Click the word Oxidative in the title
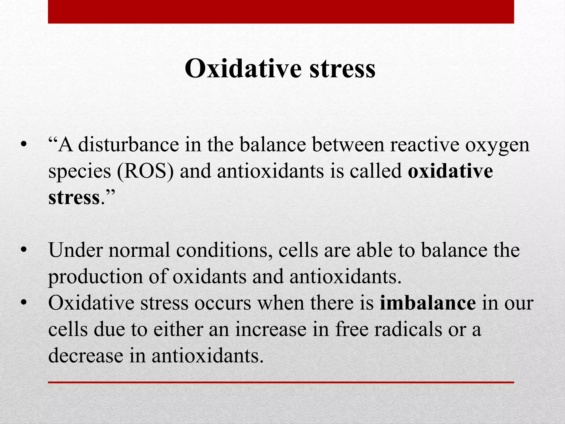tap(243, 68)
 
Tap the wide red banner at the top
tap(281, 12)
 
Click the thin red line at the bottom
tap(281, 382)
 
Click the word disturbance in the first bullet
tap(129, 145)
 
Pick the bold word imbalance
tap(428, 303)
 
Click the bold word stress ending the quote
tap(74, 198)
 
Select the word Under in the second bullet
tap(75, 250)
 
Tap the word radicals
tap(408, 330)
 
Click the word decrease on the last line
tap(86, 356)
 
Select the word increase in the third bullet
tap(271, 330)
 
